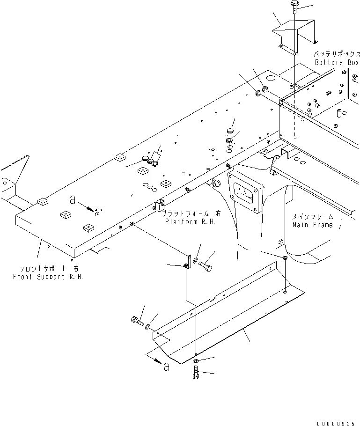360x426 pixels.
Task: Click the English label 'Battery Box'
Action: point(336,62)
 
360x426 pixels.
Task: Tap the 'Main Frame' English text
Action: point(313,225)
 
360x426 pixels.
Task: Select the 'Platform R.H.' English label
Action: point(190,221)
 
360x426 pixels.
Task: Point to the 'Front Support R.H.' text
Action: point(51,277)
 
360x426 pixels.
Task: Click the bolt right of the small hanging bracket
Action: point(206,267)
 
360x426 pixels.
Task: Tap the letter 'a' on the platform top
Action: point(72,200)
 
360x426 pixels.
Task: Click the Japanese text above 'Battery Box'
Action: point(336,54)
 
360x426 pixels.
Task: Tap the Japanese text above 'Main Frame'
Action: point(313,217)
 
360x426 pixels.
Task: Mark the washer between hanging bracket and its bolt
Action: point(196,260)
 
